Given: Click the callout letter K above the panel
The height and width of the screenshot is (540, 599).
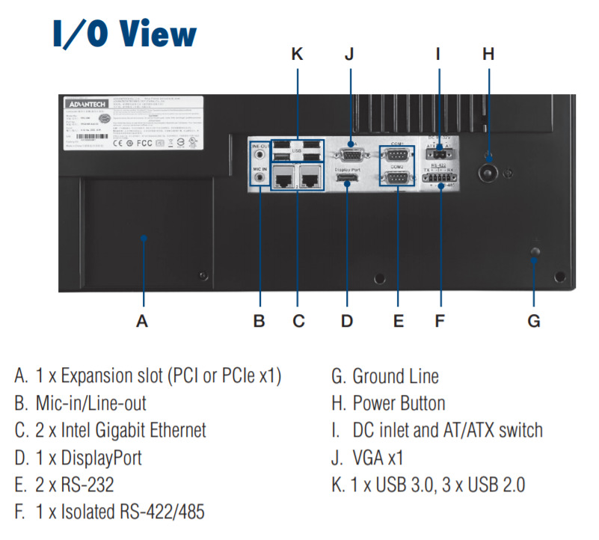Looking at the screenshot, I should tap(298, 54).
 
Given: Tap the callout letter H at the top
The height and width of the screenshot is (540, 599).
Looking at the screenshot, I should tap(488, 54).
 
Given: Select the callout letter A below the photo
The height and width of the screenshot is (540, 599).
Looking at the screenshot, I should tap(142, 322).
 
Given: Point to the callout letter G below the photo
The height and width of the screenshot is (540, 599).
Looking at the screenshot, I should tap(533, 322).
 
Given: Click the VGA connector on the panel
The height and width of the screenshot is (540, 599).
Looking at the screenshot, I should tap(349, 155).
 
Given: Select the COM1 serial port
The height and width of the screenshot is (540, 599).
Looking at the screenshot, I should tap(397, 156).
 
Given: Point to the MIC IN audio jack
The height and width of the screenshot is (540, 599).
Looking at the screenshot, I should tap(259, 180).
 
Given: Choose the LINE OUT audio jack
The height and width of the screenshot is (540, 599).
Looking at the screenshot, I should tap(259, 155).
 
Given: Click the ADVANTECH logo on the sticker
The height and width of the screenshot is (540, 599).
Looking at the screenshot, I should tap(86, 104).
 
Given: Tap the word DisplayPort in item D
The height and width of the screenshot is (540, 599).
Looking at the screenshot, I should tap(105, 457).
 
